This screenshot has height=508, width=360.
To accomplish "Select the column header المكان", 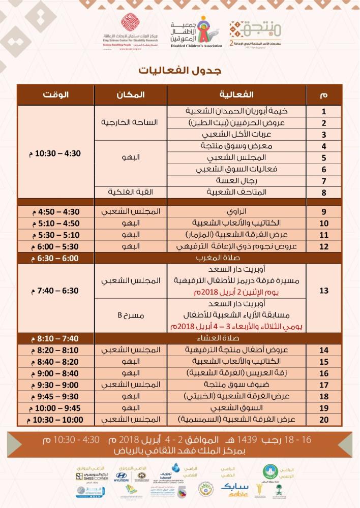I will (131, 94).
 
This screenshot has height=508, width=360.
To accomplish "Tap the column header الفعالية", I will (236, 94).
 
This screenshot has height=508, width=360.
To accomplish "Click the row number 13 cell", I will (323, 291).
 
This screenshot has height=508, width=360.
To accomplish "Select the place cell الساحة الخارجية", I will (131, 122).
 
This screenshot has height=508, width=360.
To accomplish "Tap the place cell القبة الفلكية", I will (131, 193).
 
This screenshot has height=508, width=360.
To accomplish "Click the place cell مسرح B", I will (131, 315).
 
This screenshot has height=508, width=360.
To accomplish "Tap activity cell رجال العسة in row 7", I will (236, 181).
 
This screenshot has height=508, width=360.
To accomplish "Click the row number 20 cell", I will (323, 420).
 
